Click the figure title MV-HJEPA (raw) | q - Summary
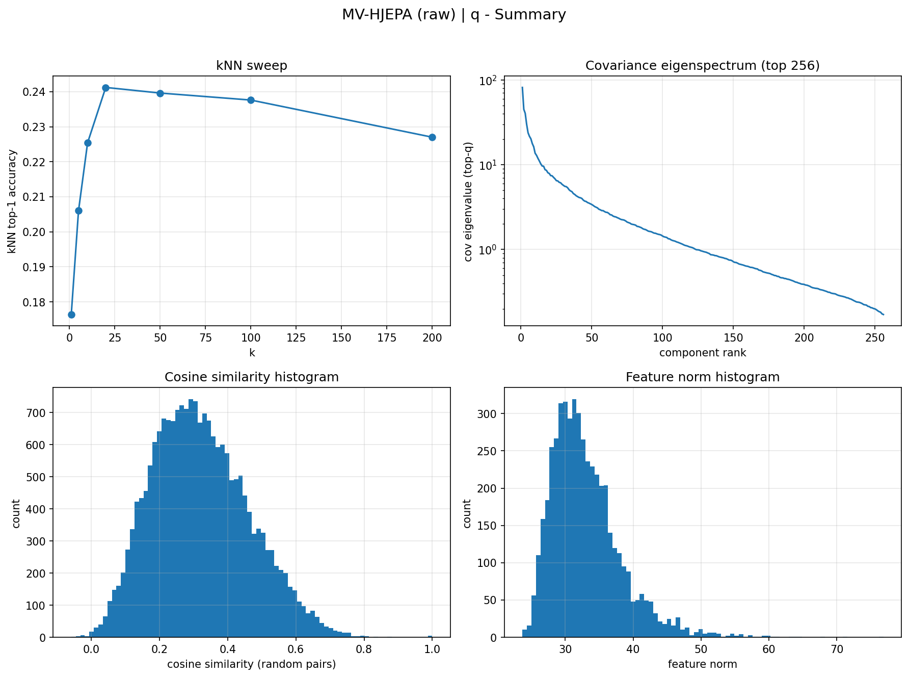454,15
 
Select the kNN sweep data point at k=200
432,137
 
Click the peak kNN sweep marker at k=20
105,88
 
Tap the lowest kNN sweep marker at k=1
71,315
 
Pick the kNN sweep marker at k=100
251,100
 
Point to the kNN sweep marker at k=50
160,93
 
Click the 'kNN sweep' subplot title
252,66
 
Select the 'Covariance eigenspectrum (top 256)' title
703,66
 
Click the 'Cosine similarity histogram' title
252,377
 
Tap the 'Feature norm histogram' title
703,377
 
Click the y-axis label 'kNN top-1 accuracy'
12,201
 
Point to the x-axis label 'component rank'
703,353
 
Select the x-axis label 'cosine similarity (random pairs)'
252,664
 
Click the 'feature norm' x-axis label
703,664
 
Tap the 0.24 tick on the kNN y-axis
38,92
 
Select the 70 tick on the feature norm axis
837,649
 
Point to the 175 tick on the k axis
387,337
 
